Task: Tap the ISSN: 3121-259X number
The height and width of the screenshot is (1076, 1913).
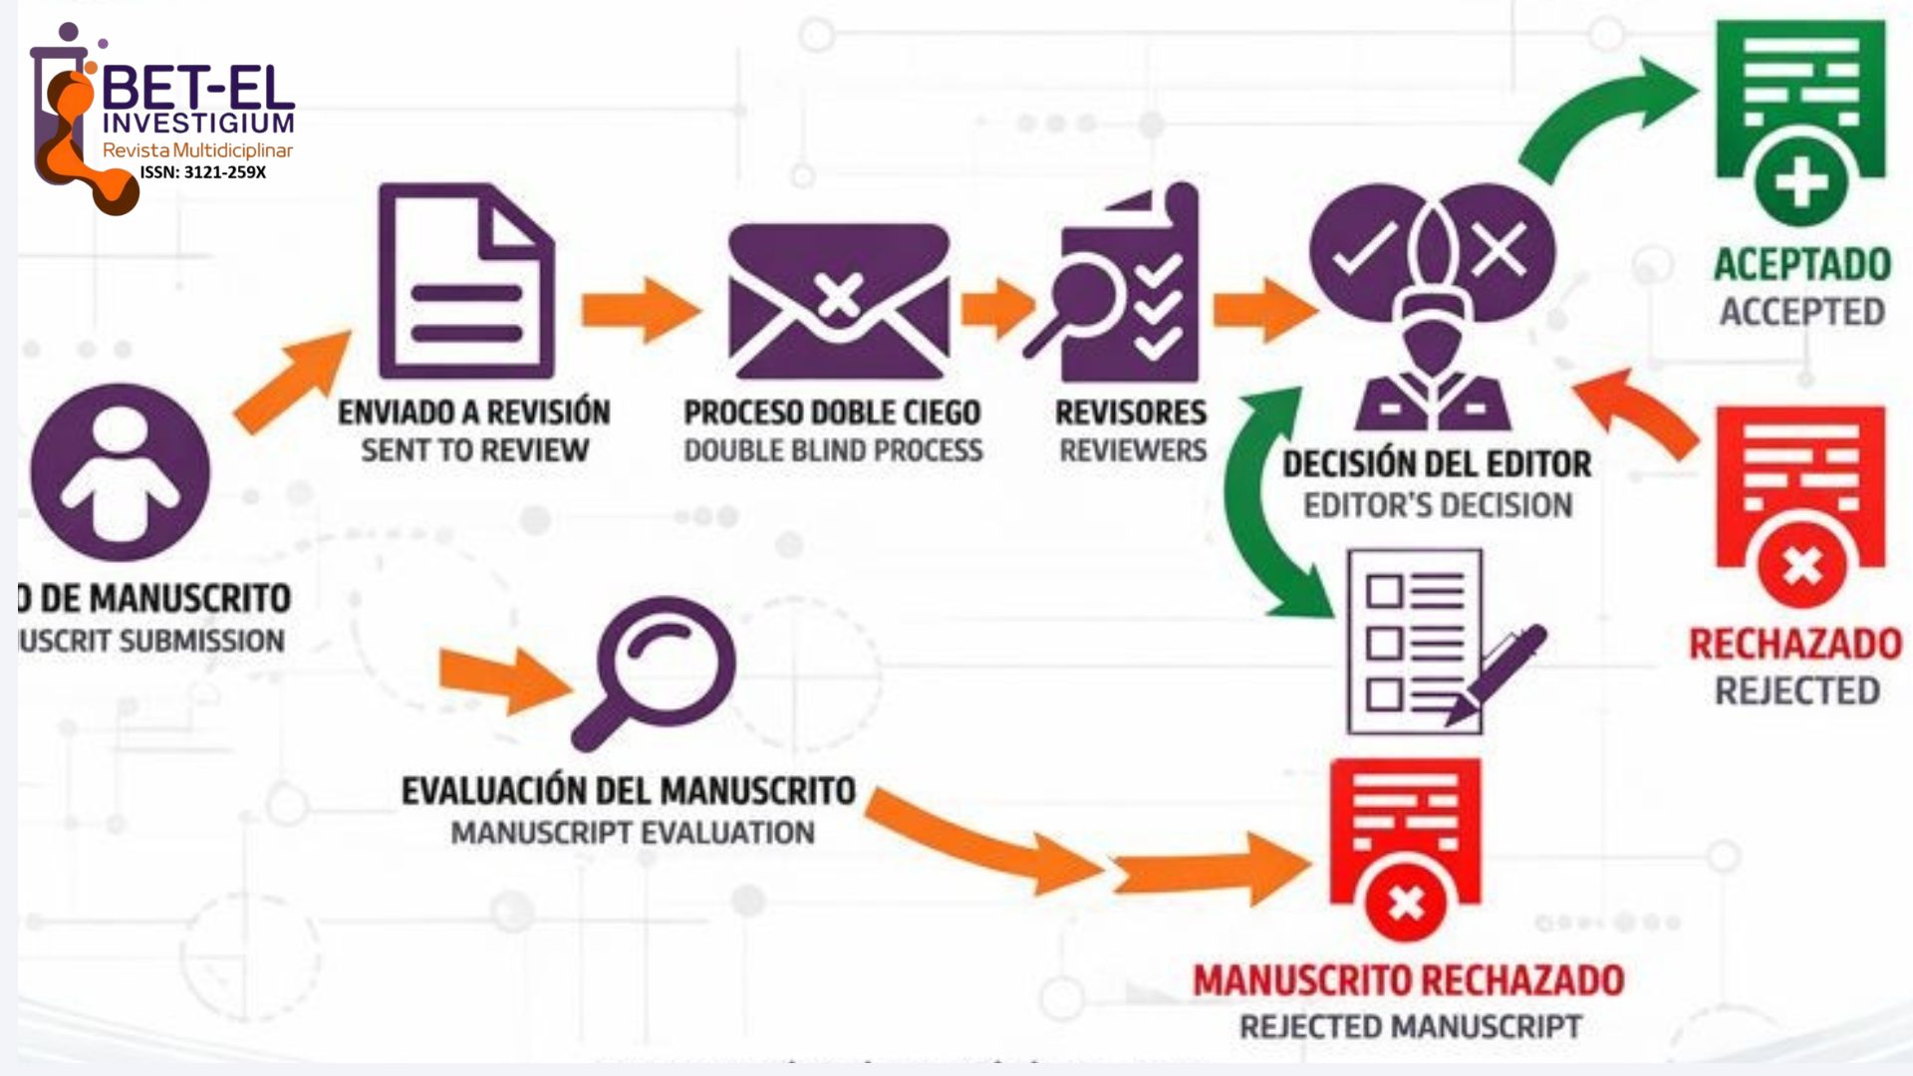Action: coord(203,172)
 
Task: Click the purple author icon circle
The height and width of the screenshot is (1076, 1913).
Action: coord(121,472)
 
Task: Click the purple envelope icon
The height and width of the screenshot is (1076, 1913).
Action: coord(839,301)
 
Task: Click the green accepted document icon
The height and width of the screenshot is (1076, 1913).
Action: coord(1799,120)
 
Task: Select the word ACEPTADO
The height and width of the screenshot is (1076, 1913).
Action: coord(1801,265)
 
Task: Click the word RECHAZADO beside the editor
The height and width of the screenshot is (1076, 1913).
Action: coord(1795,645)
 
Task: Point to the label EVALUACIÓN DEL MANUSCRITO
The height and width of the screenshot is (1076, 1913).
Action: coord(628,791)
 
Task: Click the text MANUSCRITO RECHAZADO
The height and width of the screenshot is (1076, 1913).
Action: coord(1408,981)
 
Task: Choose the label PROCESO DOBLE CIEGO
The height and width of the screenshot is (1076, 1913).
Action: coord(832,412)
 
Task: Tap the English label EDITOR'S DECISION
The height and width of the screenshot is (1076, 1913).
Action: coord(1438,505)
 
